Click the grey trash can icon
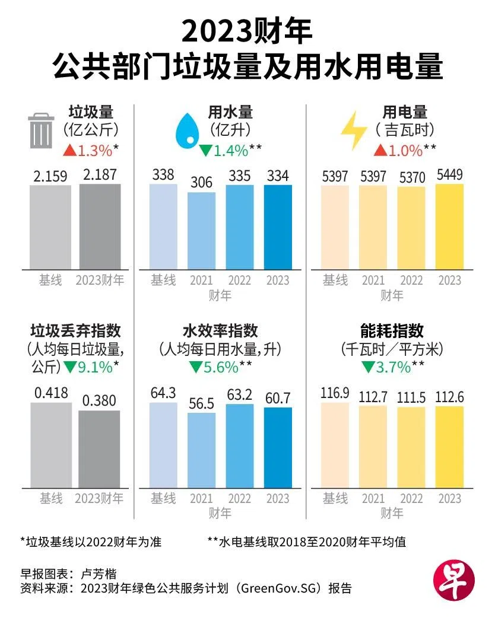[41, 131]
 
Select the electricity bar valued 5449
[449, 226]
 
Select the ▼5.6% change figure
[214, 368]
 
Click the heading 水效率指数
[220, 330]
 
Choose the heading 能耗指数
[392, 330]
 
